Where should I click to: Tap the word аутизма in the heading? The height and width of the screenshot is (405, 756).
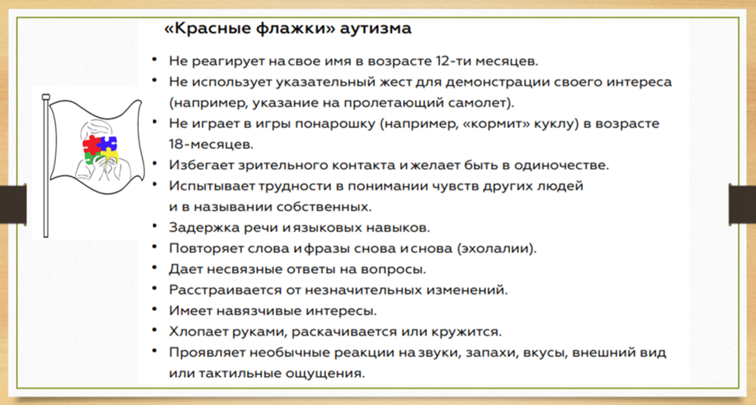click(376, 29)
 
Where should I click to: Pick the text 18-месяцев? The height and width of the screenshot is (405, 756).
click(210, 144)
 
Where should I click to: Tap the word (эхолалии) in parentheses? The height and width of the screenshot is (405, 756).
click(496, 248)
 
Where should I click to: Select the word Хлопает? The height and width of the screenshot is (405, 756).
click(196, 332)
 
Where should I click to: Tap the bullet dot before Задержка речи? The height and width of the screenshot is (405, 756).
click(154, 225)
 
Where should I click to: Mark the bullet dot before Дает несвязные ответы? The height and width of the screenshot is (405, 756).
click(154, 267)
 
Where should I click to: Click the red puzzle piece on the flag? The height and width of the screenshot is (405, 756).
click(91, 144)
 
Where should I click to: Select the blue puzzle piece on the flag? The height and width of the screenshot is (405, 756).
click(108, 144)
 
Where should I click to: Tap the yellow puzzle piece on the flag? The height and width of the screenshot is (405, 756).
click(109, 156)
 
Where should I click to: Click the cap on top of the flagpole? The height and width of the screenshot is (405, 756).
click(46, 98)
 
